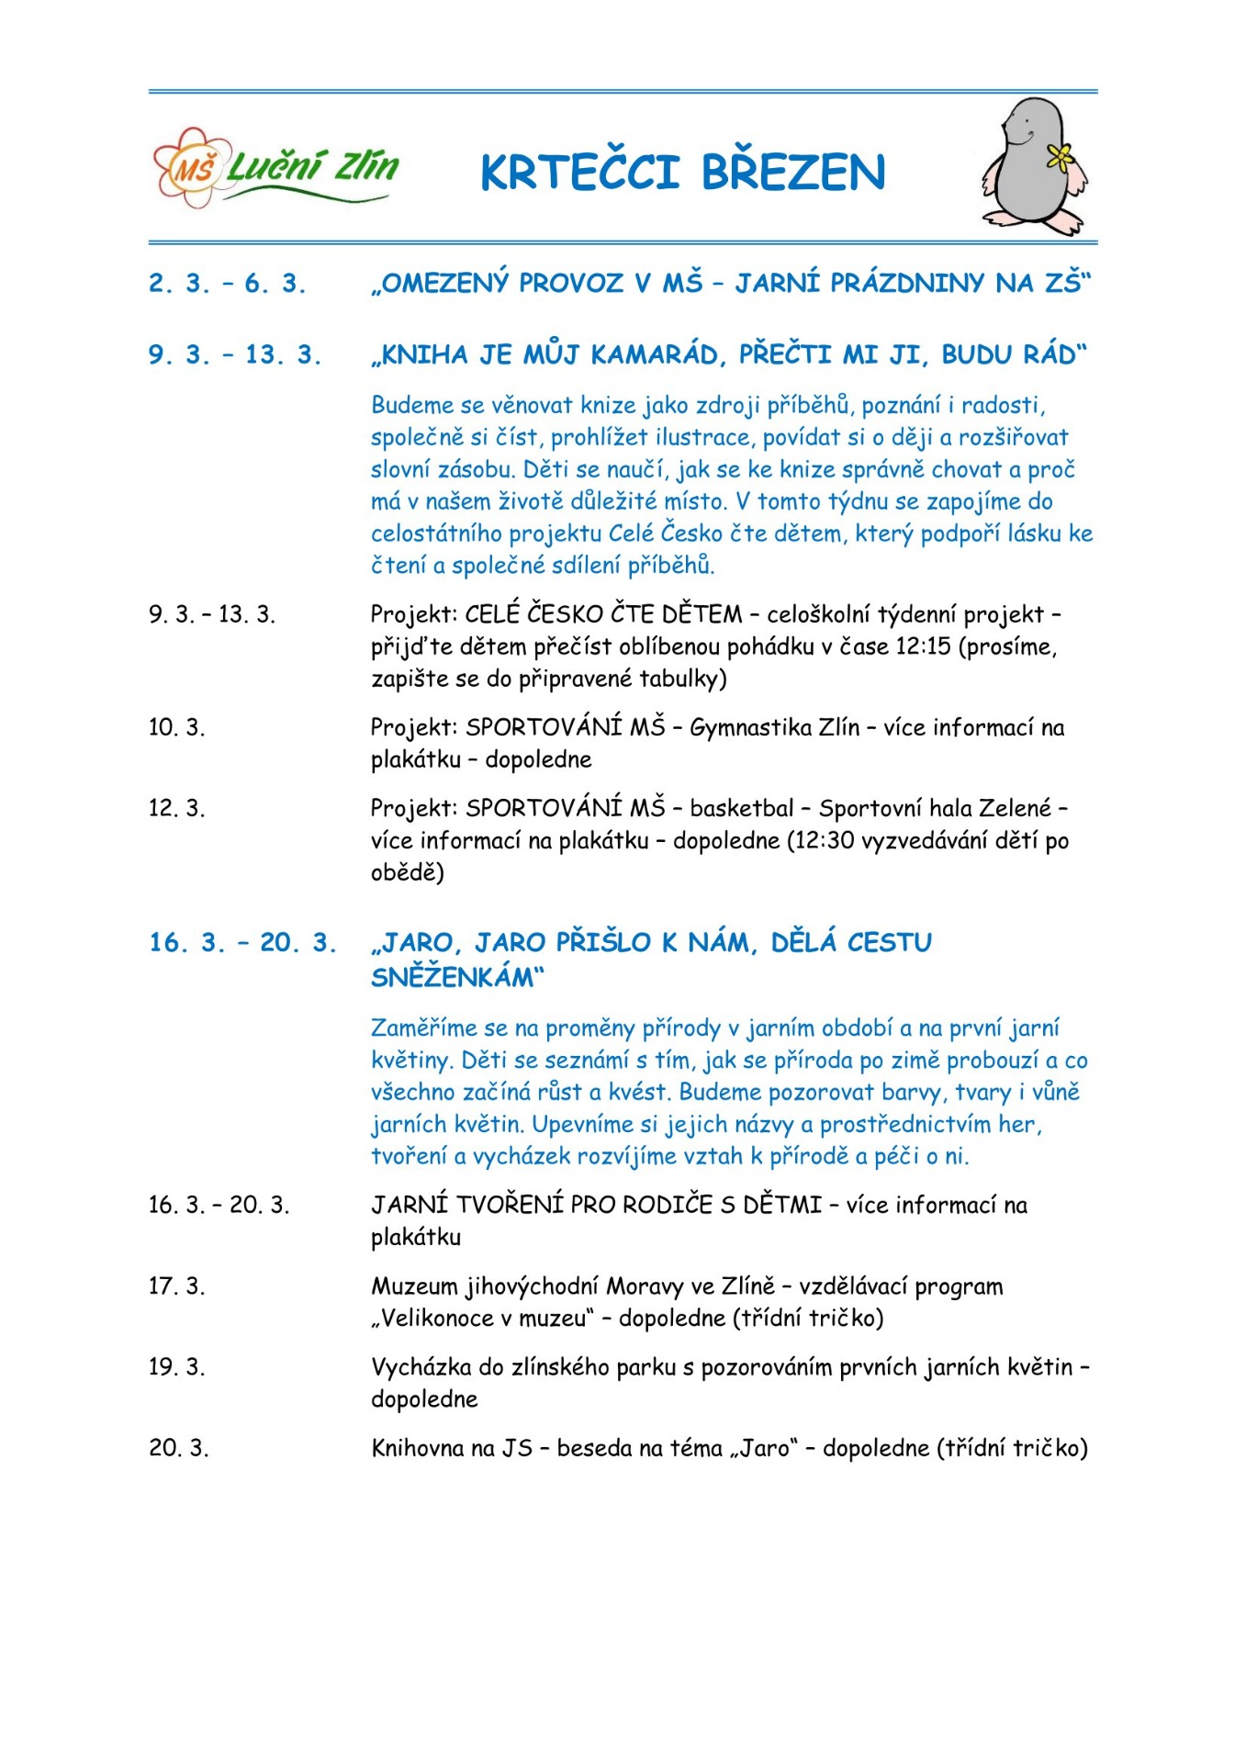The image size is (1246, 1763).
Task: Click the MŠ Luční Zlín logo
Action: pos(275,168)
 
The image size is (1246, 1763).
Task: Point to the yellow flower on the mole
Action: pos(1061,158)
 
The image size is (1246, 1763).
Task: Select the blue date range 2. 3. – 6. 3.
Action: pos(227,283)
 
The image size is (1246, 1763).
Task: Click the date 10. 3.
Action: pos(176,727)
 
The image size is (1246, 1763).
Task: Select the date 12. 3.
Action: pos(176,808)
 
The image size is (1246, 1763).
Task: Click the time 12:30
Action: pos(825,840)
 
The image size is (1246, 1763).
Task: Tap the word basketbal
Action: pos(741,808)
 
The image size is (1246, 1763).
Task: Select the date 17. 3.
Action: pos(176,1286)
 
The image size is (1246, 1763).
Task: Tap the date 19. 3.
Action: pos(176,1366)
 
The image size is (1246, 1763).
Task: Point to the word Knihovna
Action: pos(418,1448)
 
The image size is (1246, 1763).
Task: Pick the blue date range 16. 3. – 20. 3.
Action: pos(242,942)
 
